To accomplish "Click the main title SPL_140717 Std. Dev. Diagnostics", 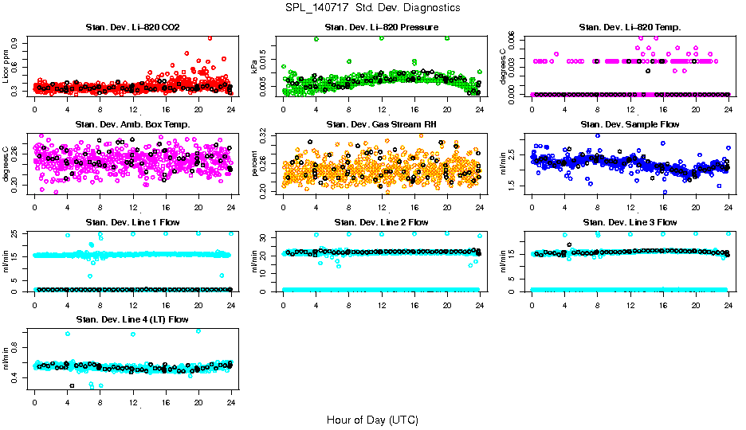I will point(372,8).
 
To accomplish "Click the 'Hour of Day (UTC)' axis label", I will point(372,420).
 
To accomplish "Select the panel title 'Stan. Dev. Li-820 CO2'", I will point(132,28).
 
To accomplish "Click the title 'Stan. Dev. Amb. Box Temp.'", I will point(132,125).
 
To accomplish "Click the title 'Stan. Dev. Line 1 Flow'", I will point(132,222).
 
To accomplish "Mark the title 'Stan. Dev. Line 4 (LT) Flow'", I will point(132,319).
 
